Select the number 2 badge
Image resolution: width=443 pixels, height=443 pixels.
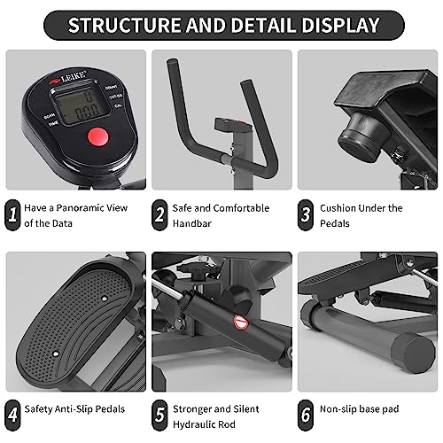(x=159, y=215)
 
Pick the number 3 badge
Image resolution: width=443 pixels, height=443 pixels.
(x=305, y=215)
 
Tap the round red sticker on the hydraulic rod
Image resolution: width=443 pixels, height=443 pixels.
(x=238, y=320)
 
